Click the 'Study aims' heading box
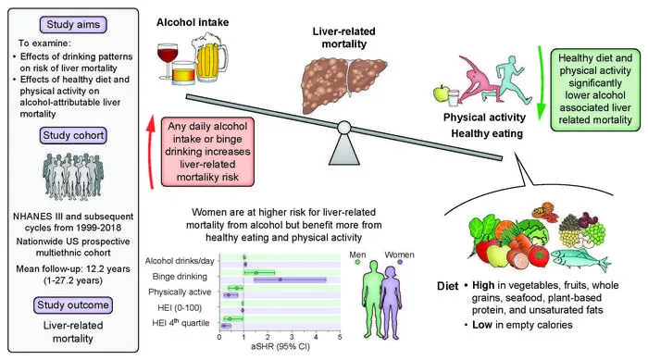point(73,24)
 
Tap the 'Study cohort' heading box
point(73,135)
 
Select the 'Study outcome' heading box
point(73,305)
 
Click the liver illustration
point(343,82)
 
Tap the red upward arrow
point(151,153)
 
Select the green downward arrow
point(540,82)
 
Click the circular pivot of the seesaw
point(343,128)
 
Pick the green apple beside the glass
point(441,93)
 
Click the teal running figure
point(513,80)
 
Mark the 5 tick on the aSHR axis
point(340,337)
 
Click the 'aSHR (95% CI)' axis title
point(280,346)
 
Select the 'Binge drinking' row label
point(180,276)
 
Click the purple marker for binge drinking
point(280,279)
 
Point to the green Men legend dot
point(357,262)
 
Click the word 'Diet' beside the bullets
point(447,286)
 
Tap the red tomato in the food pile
point(539,255)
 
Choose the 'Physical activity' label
point(484,118)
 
